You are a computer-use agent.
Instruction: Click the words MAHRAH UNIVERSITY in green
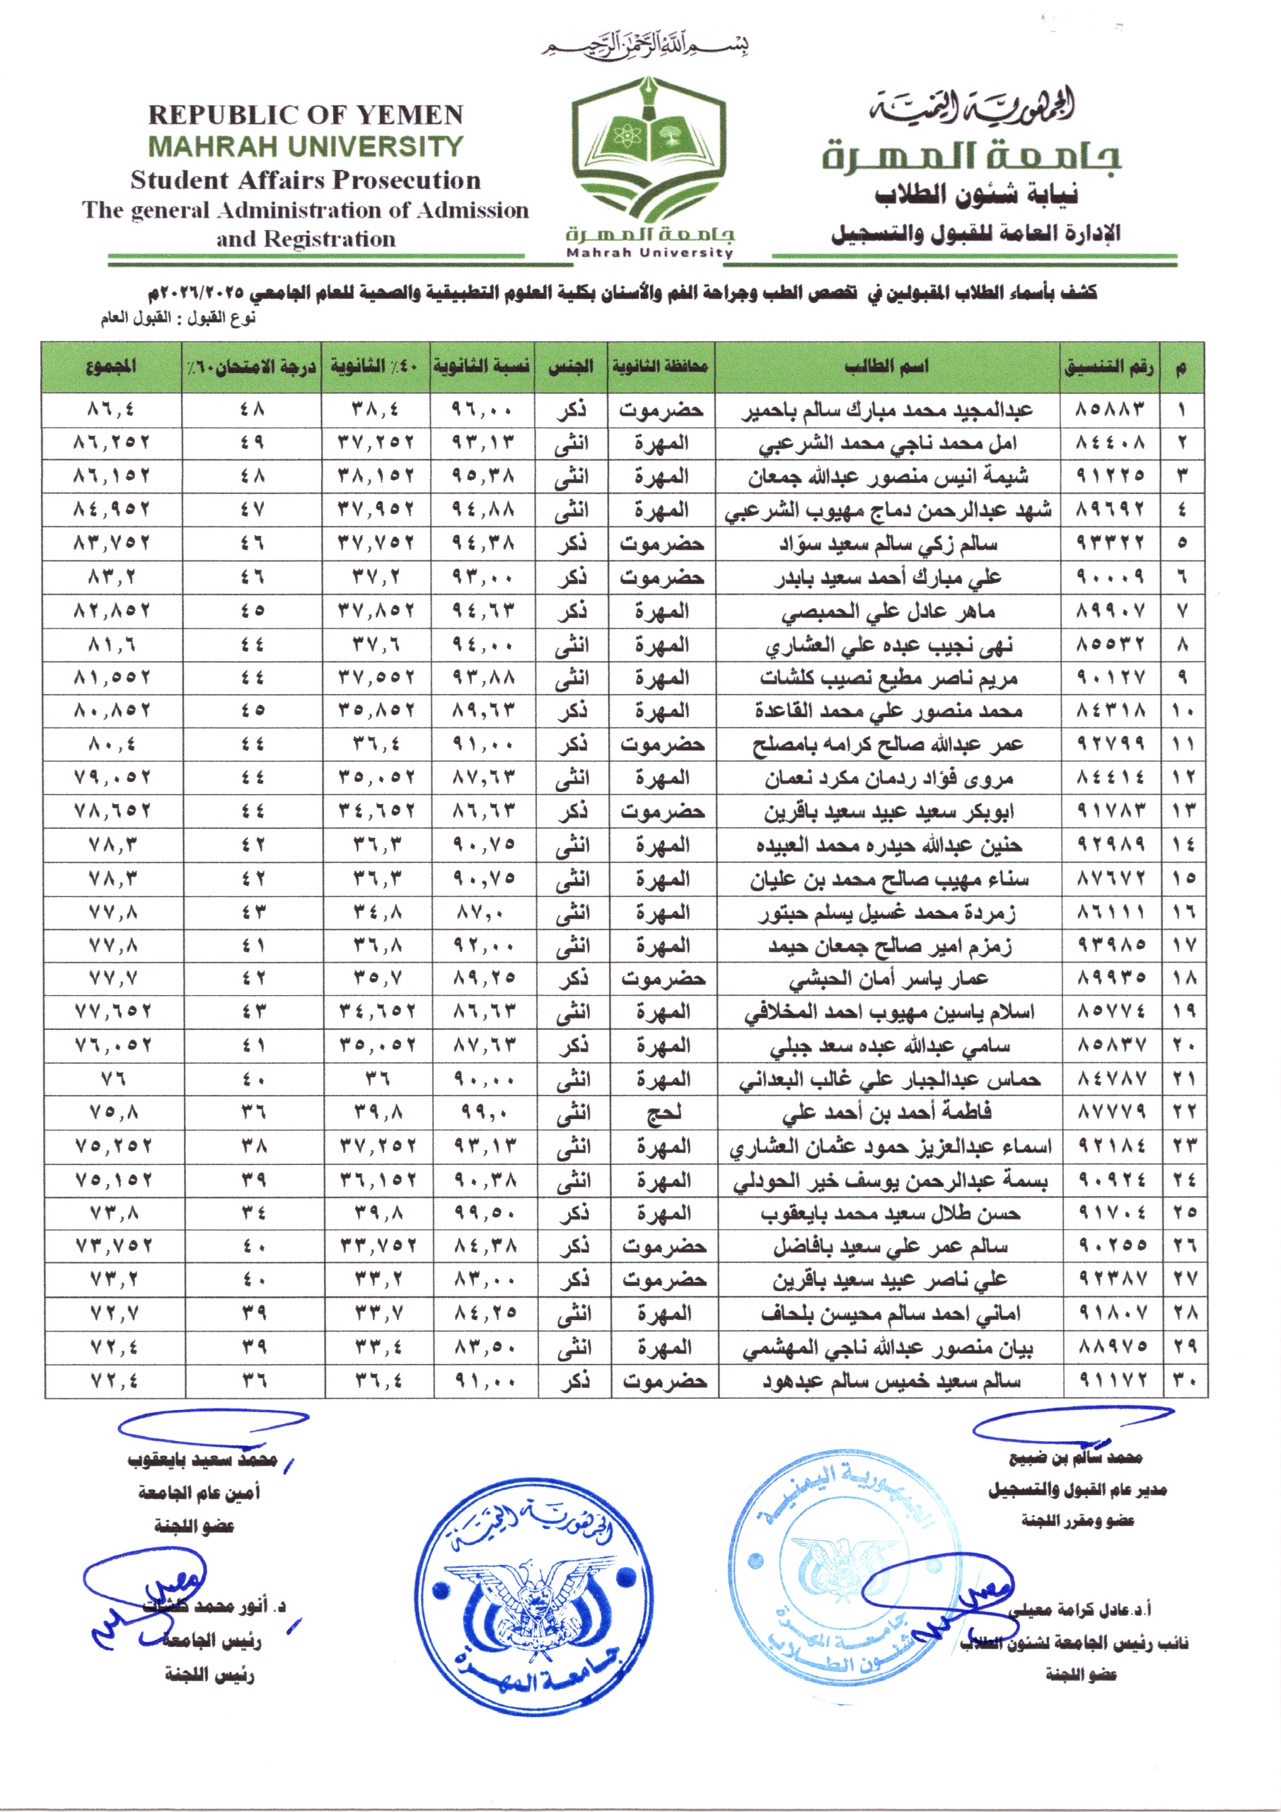coord(306,147)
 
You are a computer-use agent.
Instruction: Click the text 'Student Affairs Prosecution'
coord(306,180)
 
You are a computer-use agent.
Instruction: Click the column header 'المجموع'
coord(111,367)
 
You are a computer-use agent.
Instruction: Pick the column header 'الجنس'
coord(570,367)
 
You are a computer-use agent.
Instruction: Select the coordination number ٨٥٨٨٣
coord(1110,411)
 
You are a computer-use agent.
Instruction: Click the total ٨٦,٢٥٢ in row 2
coord(111,444)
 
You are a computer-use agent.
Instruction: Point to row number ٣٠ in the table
coord(1184,1381)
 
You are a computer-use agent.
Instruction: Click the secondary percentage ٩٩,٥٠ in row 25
coord(482,1213)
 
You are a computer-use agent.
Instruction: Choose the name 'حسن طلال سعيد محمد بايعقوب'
coord(890,1213)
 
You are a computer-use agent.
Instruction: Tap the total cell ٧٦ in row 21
coord(111,1079)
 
